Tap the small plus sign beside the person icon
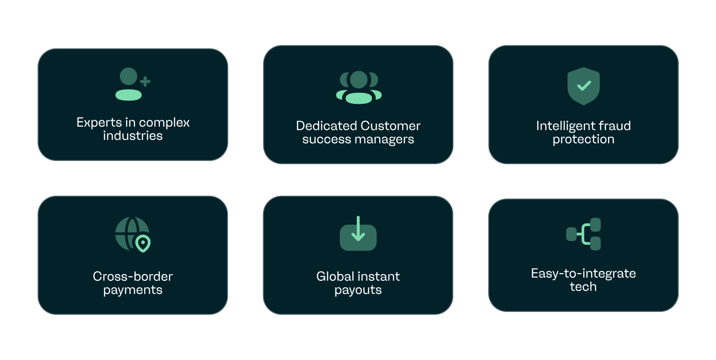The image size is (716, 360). click(x=145, y=82)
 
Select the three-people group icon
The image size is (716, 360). click(x=359, y=87)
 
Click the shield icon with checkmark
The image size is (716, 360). click(x=583, y=86)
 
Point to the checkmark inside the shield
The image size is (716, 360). click(x=584, y=85)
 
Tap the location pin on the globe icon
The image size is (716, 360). click(x=143, y=243)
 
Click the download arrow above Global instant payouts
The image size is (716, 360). click(x=358, y=229)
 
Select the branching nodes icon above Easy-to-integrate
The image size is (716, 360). click(x=584, y=234)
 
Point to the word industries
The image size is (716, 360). click(x=133, y=136)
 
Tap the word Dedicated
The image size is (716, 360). click(x=326, y=126)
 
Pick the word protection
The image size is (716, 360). click(x=583, y=139)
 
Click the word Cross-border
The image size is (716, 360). click(x=133, y=276)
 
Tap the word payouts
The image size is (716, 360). click(x=358, y=290)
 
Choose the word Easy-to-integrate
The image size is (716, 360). click(x=583, y=274)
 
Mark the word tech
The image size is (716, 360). click(x=583, y=287)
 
